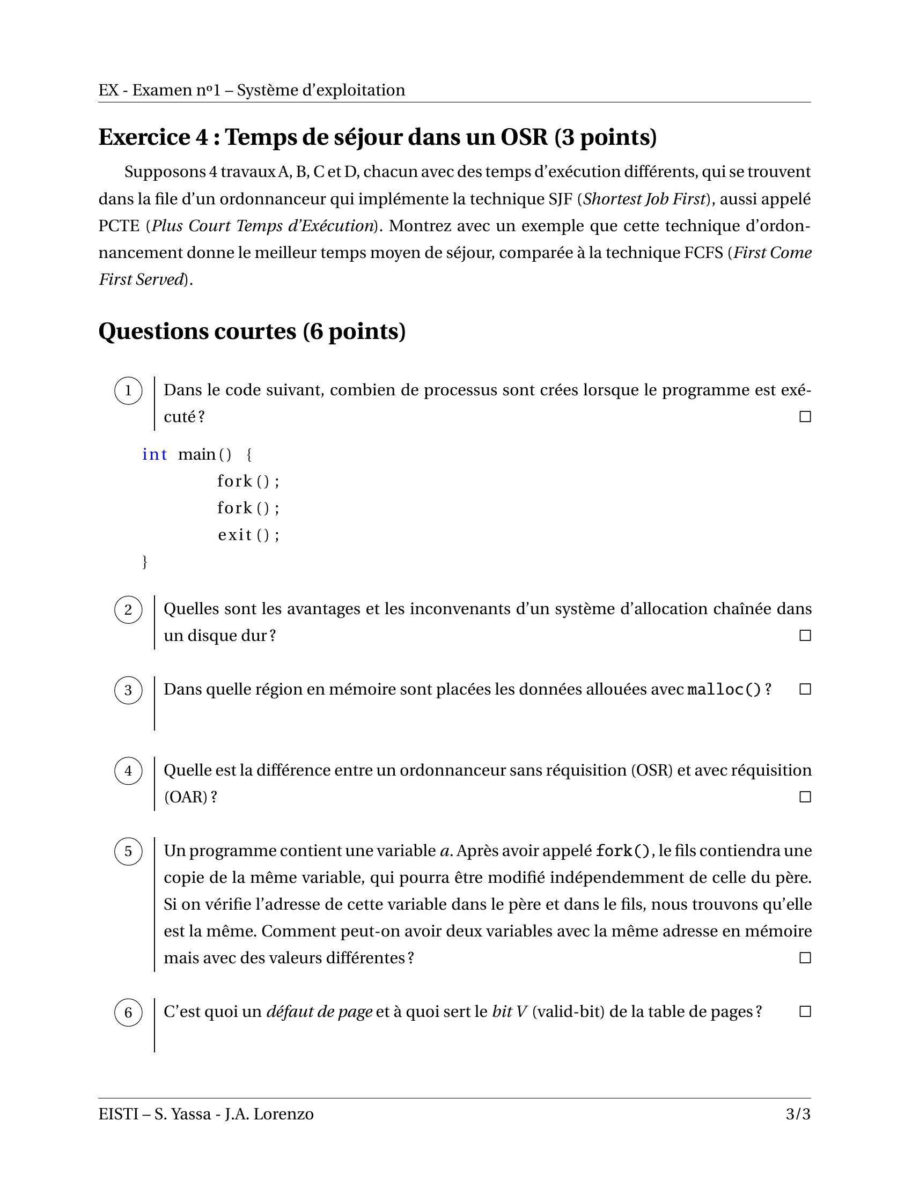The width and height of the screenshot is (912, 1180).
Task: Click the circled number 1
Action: point(128,390)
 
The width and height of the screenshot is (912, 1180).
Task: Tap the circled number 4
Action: point(128,771)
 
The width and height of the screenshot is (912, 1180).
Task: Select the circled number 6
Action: point(128,1013)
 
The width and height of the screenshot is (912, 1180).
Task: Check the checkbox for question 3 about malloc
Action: point(805,689)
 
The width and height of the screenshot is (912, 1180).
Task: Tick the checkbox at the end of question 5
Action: point(805,958)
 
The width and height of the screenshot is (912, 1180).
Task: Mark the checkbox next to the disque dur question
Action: point(805,636)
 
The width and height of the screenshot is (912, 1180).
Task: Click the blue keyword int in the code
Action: point(155,454)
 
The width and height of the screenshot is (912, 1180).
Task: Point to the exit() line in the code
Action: point(248,535)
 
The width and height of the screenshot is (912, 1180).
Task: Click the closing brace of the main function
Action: point(144,562)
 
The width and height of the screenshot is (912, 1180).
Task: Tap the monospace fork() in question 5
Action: point(623,851)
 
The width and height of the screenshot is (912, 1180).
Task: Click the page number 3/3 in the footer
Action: point(798,1114)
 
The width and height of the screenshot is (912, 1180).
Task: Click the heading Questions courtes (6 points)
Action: point(252,331)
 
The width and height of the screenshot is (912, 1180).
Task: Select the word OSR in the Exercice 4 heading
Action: point(524,137)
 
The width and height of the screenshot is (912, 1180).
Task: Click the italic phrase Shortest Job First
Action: point(644,200)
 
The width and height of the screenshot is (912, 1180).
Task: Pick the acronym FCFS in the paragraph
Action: point(703,253)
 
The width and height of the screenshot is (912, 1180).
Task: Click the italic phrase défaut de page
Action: point(319,1012)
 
